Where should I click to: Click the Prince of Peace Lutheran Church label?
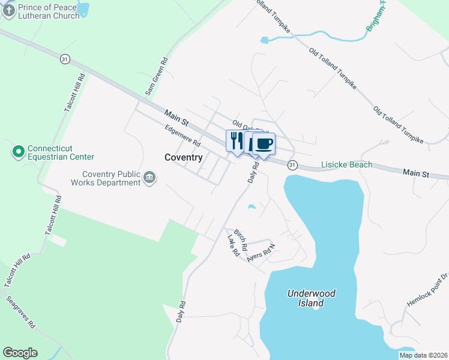pyautogui.click(x=48, y=11)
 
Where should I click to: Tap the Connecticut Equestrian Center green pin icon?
pyautogui.click(x=18, y=152)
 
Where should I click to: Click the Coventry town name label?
pyautogui.click(x=183, y=157)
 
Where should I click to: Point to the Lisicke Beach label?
pyautogui.click(x=346, y=164)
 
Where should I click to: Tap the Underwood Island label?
pyautogui.click(x=311, y=298)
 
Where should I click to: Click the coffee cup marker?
pyautogui.click(x=263, y=143)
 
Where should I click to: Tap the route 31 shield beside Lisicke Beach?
pyautogui.click(x=292, y=164)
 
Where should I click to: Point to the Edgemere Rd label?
pyautogui.click(x=183, y=135)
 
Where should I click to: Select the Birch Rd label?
pyautogui.click(x=241, y=239)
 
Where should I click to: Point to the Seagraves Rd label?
pyautogui.click(x=21, y=312)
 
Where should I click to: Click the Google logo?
pyautogui.click(x=20, y=353)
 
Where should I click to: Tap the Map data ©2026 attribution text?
pyautogui.click(x=423, y=355)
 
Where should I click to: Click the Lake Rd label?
pyautogui.click(x=234, y=246)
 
